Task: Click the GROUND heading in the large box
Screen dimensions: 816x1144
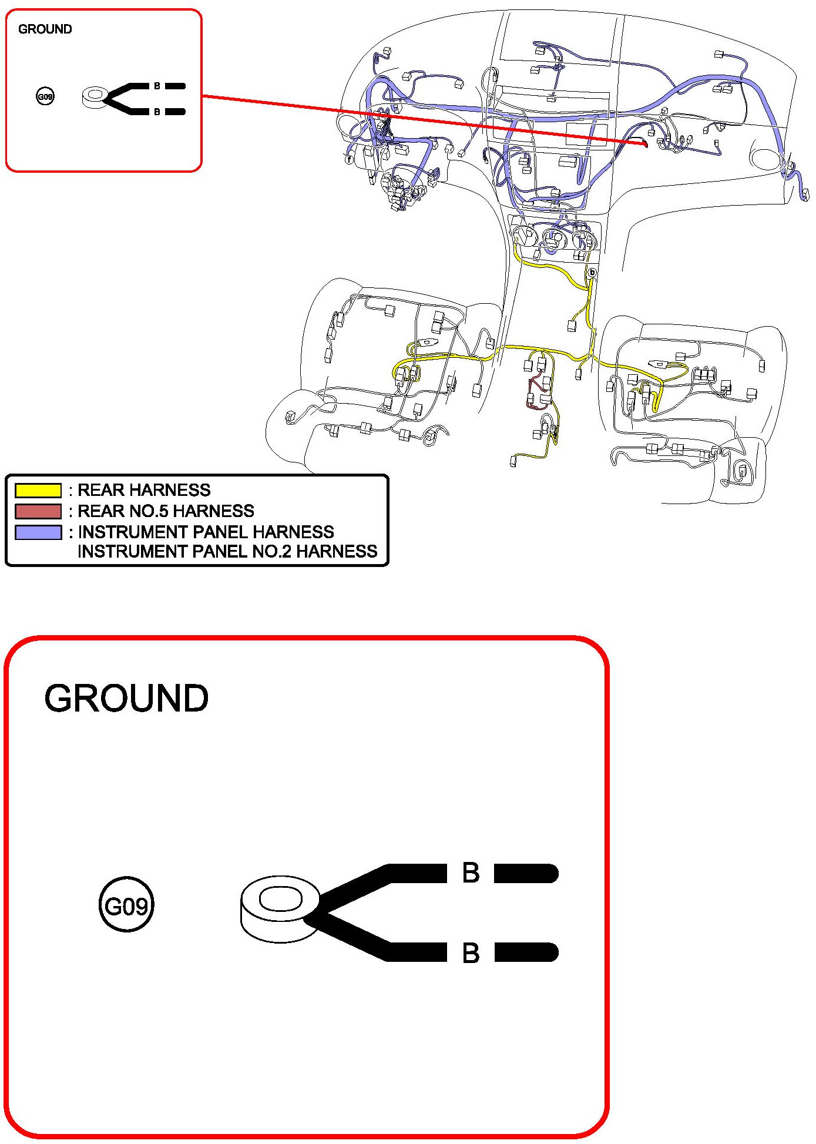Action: coord(126,698)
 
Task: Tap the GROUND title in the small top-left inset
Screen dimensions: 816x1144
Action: coord(45,29)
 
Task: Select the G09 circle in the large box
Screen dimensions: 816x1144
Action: coord(126,905)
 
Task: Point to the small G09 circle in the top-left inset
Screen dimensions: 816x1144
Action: coord(45,96)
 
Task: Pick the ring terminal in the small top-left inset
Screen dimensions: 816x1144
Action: coord(94,97)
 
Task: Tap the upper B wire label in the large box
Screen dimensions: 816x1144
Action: coord(471,873)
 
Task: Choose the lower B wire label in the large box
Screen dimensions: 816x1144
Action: coord(471,953)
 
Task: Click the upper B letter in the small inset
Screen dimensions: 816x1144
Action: coord(157,86)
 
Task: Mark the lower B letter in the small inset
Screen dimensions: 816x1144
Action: coord(157,112)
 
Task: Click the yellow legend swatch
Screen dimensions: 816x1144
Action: coord(38,490)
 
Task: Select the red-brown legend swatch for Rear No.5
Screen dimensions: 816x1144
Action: coord(38,511)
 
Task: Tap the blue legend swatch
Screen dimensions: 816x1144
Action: coord(38,532)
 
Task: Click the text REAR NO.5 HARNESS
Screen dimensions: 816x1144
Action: coord(166,511)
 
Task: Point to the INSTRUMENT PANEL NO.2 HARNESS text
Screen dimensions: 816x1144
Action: coord(227,552)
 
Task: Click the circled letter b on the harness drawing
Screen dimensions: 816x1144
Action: coord(592,273)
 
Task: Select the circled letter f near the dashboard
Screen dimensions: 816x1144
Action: coord(350,159)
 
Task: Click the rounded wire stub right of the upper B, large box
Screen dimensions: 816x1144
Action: coord(526,873)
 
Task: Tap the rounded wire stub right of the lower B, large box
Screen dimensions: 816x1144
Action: coord(526,952)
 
